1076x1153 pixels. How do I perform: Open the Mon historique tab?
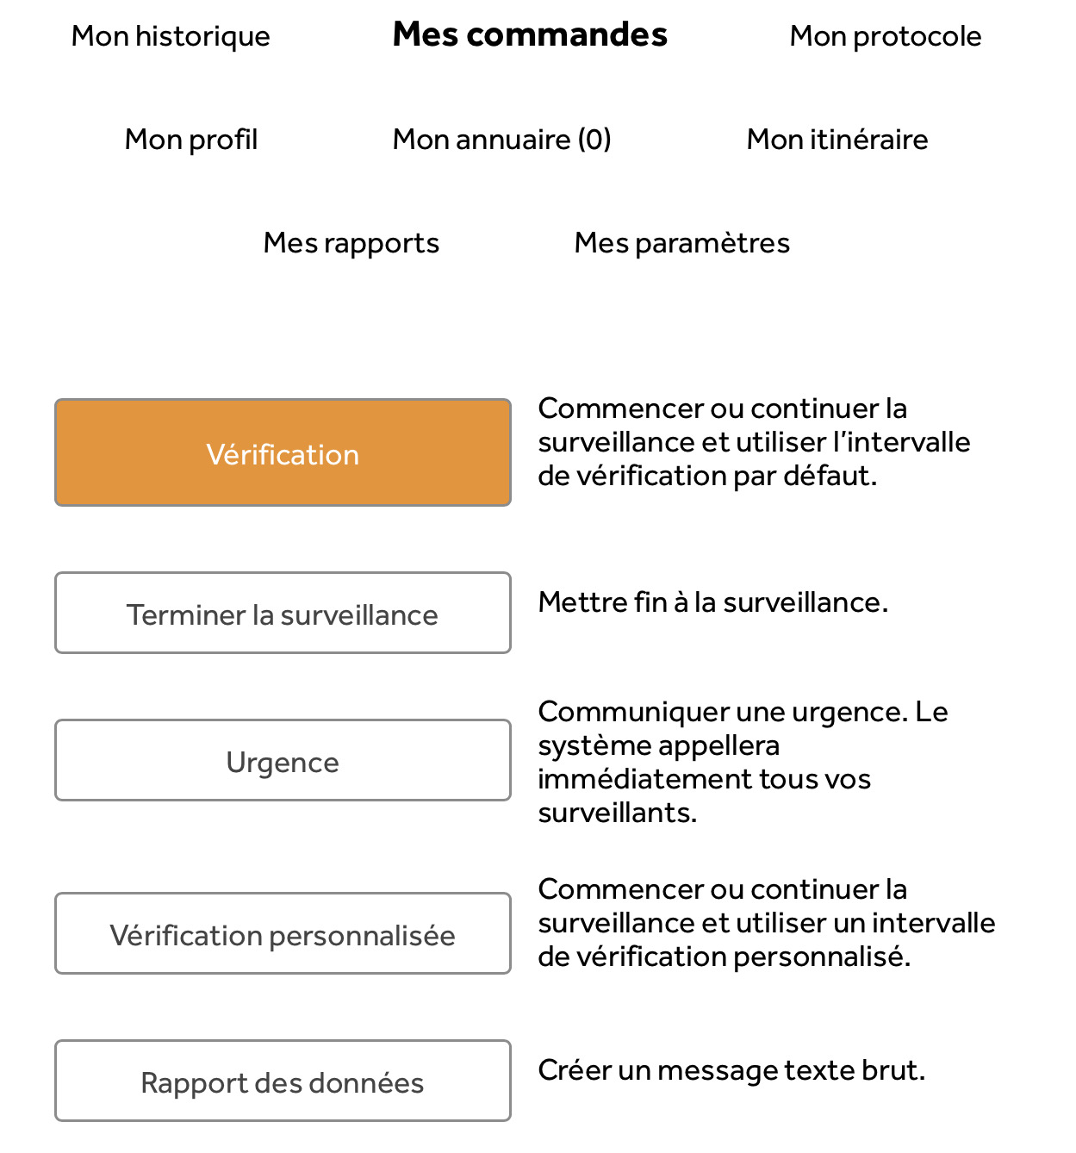[x=171, y=36]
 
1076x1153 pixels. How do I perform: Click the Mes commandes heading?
[x=530, y=35]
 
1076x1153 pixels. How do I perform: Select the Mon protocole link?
[x=885, y=36]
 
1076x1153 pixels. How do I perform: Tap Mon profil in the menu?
[x=191, y=140]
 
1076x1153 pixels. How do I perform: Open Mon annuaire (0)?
[x=501, y=140]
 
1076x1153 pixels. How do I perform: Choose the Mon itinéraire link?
[x=837, y=140]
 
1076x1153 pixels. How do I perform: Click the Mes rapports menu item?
[x=351, y=243]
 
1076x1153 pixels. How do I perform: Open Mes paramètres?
[x=681, y=243]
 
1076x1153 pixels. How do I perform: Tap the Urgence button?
[x=283, y=761]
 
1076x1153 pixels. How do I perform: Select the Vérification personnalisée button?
[x=283, y=934]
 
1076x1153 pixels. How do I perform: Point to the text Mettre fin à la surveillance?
[x=712, y=602]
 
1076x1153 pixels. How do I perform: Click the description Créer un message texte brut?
[x=731, y=1070]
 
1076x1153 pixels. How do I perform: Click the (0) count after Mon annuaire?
[x=594, y=140]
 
